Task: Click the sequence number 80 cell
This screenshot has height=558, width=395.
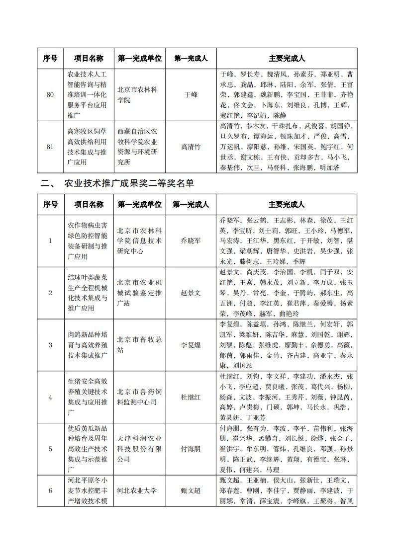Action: pyautogui.click(x=50, y=94)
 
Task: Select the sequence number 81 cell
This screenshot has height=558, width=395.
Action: pyautogui.click(x=50, y=147)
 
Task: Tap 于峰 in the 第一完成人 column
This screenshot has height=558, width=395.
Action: pyautogui.click(x=191, y=94)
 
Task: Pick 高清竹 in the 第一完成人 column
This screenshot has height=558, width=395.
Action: pyautogui.click(x=191, y=147)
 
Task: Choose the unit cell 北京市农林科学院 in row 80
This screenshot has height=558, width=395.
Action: pyautogui.click(x=139, y=94)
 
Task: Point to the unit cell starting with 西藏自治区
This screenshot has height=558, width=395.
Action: pyautogui.click(x=139, y=147)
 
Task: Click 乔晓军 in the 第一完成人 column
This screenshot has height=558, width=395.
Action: pyautogui.click(x=191, y=240)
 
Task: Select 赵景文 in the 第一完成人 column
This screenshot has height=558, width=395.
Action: pyautogui.click(x=191, y=293)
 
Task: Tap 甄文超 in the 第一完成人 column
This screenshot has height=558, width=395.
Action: pyautogui.click(x=191, y=490)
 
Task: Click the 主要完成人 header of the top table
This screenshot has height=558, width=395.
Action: pyautogui.click(x=287, y=58)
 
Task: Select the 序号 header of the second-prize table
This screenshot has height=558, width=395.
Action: pyautogui.click(x=50, y=204)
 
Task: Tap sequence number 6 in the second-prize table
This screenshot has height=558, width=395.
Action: pyautogui.click(x=50, y=490)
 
